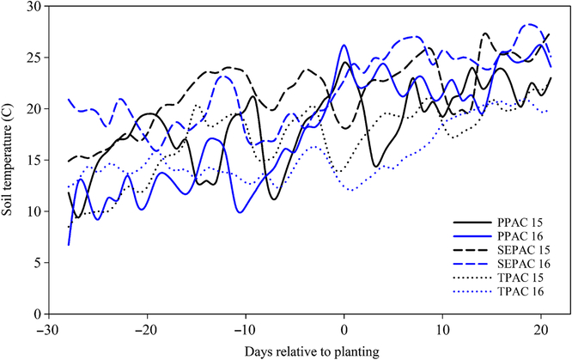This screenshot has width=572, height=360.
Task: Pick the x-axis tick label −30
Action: point(48,328)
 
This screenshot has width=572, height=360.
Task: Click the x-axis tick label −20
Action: point(147,328)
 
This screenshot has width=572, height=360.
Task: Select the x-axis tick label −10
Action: point(246,328)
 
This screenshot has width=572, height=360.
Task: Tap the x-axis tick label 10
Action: point(442,328)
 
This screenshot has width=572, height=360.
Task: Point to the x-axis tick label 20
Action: point(541,328)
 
